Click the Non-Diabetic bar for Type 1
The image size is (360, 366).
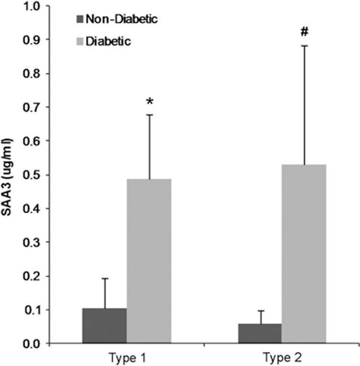[104, 326]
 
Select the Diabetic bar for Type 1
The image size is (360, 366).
[149, 261]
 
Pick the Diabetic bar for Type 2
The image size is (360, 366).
[304, 254]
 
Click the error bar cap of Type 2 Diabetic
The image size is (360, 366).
[304, 45]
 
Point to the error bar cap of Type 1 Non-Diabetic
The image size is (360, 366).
[104, 278]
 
